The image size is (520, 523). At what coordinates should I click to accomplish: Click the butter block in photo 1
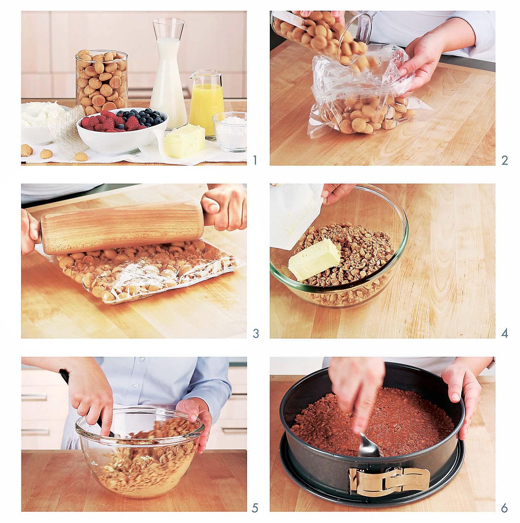(x=185, y=141)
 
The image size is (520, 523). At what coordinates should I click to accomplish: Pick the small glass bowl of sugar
(x=229, y=131)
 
